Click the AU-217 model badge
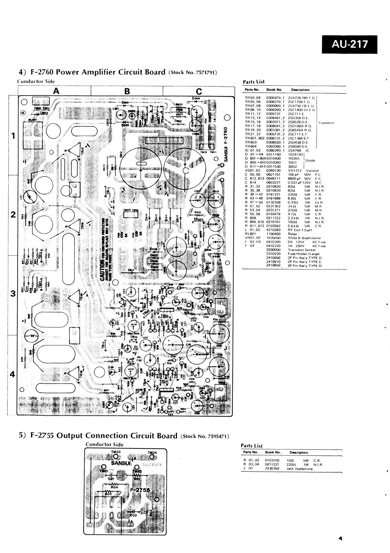[349, 44]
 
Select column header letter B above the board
[127, 91]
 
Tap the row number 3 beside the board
[13, 294]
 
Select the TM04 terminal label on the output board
[152, 453]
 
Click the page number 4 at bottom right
[340, 538]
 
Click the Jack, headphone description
[300, 469]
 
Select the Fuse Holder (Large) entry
[303, 254]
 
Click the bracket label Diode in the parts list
[310, 161]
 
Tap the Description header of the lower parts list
[298, 452]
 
